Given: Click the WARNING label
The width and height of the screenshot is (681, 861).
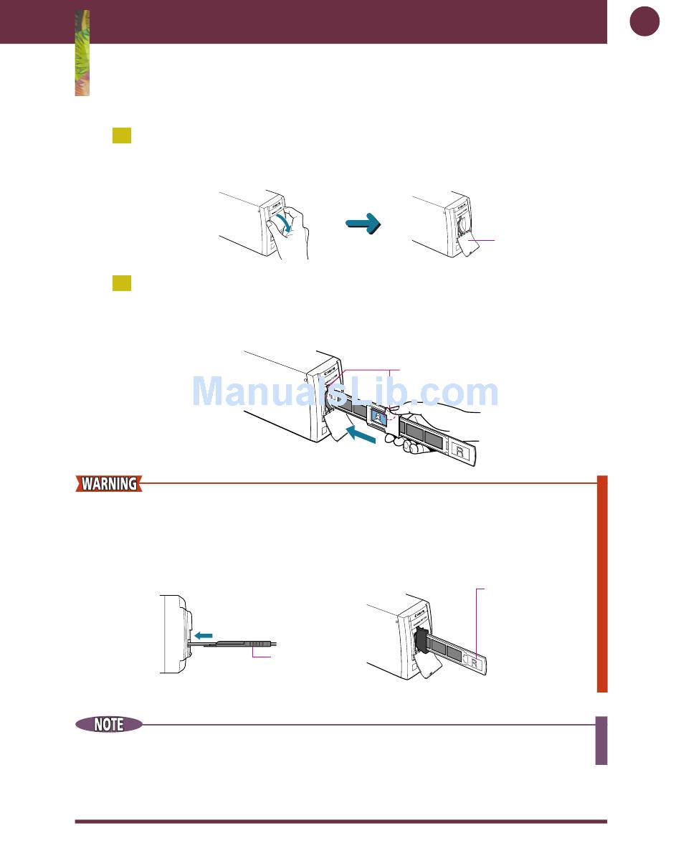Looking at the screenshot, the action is (x=109, y=484).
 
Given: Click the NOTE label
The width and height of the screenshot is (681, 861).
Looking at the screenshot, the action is (x=109, y=725).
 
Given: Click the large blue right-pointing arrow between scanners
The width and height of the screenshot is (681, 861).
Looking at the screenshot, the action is (x=362, y=224).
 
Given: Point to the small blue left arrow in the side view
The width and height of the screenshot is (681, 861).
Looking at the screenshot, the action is (x=204, y=634).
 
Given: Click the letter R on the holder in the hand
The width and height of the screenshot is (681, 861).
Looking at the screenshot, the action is (x=459, y=449).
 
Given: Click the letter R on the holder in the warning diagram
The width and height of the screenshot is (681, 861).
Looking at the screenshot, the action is (x=474, y=662).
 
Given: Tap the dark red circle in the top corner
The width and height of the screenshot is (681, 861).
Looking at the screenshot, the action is (x=644, y=22).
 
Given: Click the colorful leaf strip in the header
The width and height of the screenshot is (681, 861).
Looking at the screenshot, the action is (x=82, y=54).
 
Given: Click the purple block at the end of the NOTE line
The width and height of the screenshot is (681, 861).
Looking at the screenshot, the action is (x=601, y=741).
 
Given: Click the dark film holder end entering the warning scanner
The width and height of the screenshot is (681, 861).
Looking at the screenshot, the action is (x=421, y=640).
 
